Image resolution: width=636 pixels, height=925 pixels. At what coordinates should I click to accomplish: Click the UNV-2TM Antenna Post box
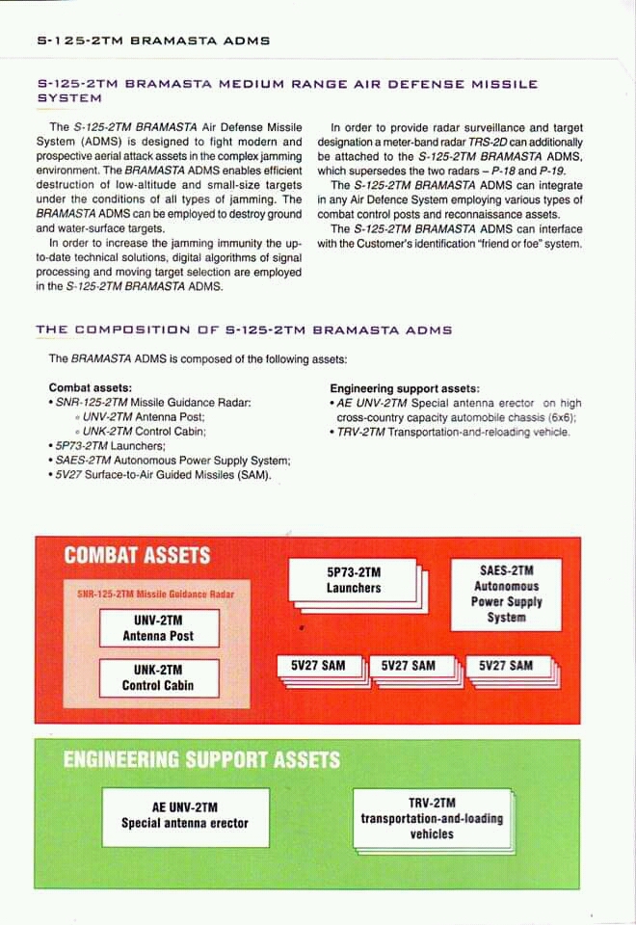157,627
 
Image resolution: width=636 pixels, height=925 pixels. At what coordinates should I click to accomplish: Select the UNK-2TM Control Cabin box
157,677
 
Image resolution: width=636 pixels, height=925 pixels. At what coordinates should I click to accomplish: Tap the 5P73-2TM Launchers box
354,580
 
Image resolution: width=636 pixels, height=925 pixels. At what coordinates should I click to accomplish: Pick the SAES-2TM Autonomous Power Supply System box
506,595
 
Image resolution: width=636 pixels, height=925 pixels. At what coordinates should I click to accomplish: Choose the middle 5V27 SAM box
409,666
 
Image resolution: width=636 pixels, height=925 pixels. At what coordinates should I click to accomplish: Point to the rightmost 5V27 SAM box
506,666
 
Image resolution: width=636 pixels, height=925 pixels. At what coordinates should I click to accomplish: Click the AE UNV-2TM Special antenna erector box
184,815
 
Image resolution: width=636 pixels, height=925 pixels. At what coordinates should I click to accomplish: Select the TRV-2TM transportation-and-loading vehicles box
432,818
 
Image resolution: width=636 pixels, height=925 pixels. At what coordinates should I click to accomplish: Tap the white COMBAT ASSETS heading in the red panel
137,555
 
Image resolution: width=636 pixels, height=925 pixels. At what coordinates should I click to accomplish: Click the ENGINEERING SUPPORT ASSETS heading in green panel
201,759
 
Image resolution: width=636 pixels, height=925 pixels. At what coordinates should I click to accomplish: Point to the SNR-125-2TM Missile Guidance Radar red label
155,594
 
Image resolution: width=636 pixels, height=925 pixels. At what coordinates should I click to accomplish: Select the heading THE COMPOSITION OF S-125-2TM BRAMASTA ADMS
244,330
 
